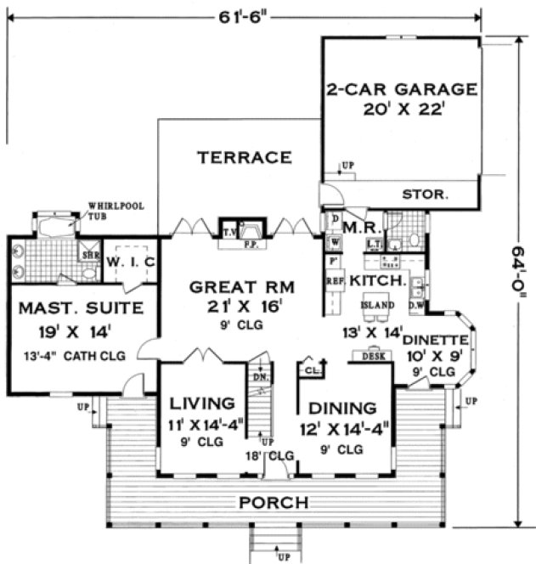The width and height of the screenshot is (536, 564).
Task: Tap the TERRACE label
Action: click(245, 157)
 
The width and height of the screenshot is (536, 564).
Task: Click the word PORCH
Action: click(273, 503)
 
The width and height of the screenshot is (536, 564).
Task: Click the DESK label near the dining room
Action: click(370, 355)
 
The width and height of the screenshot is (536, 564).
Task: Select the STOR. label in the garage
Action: click(424, 195)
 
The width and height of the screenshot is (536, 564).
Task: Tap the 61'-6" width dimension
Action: click(249, 14)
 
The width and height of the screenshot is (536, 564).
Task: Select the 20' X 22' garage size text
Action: click(398, 109)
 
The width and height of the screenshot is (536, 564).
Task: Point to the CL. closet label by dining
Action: click(311, 370)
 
